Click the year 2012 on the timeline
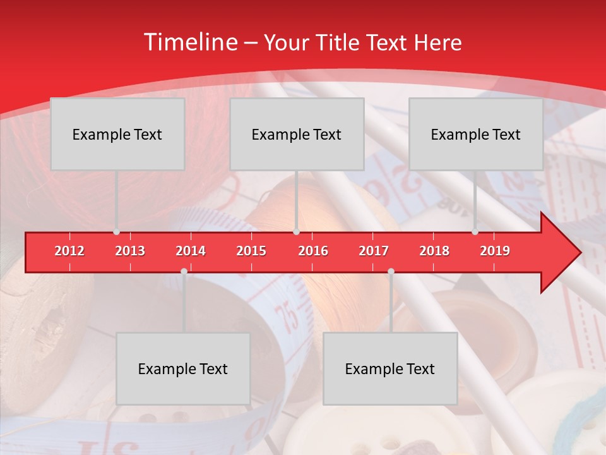pos(69,251)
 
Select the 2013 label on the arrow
pos(130,251)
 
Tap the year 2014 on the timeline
pos(191,251)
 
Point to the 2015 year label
pos(251,251)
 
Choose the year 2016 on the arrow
pos(313,251)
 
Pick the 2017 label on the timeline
pos(374,251)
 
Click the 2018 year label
pos(434,251)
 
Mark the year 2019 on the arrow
pos(495,251)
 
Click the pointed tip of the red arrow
pos(579,253)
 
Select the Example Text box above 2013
pos(117,134)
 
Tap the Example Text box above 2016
pos(297,134)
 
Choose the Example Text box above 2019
pos(476,134)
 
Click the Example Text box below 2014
pos(183,368)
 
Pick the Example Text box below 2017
pos(390,368)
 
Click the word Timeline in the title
pos(189,42)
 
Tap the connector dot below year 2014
pos(184,271)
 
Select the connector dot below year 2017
pos(391,271)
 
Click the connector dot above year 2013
pos(116,232)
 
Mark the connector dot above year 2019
pos(475,232)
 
